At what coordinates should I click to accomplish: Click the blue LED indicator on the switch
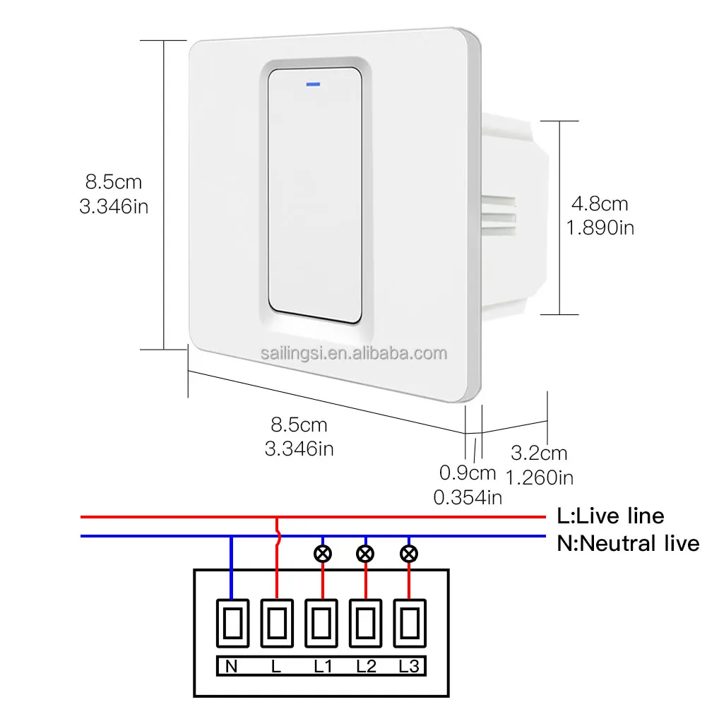[314, 84]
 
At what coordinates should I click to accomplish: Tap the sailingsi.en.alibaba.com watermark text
[354, 353]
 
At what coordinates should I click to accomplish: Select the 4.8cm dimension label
[600, 204]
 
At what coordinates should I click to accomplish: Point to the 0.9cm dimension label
[468, 473]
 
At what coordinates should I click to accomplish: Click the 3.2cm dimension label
[539, 453]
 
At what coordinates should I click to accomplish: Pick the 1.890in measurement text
[600, 227]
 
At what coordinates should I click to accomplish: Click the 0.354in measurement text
[468, 497]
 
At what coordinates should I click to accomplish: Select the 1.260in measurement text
[540, 478]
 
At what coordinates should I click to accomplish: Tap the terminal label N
[231, 666]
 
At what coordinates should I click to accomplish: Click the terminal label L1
[323, 666]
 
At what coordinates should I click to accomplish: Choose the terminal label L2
[366, 666]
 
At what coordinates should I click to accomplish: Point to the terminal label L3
[409, 666]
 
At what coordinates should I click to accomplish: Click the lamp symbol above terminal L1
[323, 554]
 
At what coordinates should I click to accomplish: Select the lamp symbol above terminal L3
[409, 554]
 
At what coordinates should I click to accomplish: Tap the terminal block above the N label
[232, 623]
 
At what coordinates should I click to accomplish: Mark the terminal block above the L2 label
[366, 623]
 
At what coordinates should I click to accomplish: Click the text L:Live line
[610, 516]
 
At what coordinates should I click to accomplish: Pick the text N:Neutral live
[628, 543]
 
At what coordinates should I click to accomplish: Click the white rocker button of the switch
[315, 195]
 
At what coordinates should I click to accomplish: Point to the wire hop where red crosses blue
[278, 536]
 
